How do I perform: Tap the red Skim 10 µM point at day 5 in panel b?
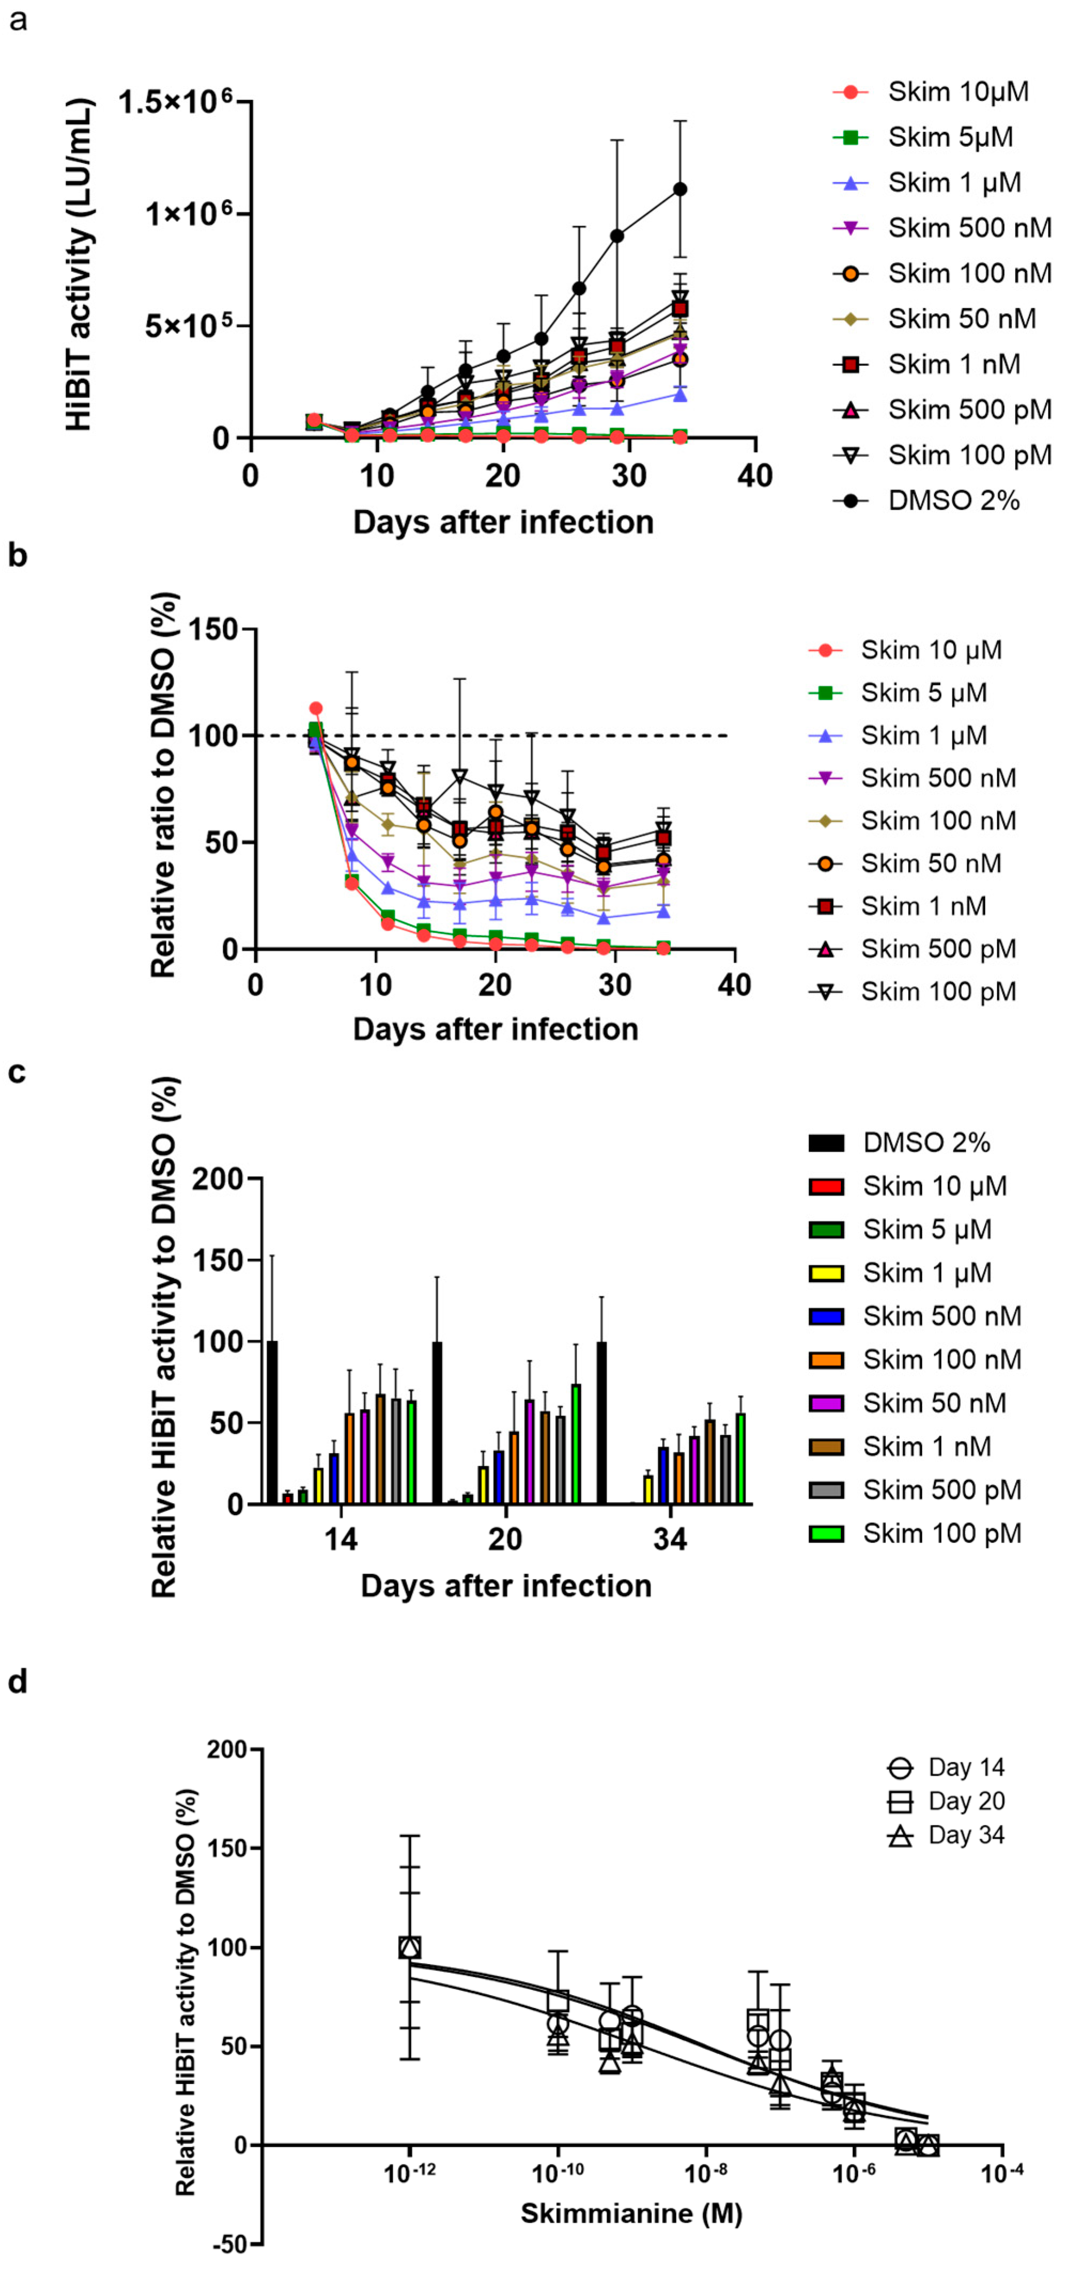316,708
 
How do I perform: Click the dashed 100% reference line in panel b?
529,735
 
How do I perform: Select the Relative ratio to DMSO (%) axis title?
163,785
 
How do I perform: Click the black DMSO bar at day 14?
272,1423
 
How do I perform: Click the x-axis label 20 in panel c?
505,1539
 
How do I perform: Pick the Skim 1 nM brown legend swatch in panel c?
826,1446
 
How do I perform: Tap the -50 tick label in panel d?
232,2244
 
